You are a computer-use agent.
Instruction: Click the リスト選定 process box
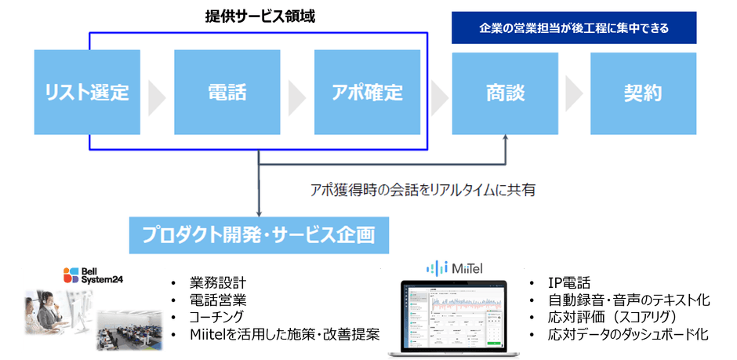pyautogui.click(x=87, y=93)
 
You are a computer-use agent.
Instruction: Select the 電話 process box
pyautogui.click(x=227, y=93)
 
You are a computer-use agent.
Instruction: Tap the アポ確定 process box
pyautogui.click(x=367, y=93)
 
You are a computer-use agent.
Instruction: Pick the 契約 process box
pyautogui.click(x=643, y=93)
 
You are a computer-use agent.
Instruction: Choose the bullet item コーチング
pyautogui.click(x=219, y=318)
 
